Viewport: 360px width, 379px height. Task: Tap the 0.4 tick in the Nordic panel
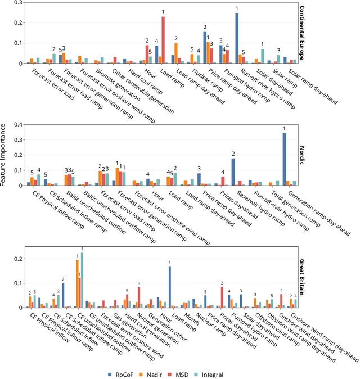pos(17,124)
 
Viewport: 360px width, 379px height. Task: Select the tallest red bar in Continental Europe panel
pos(163,40)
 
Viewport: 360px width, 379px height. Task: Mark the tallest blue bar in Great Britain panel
pos(169,287)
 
